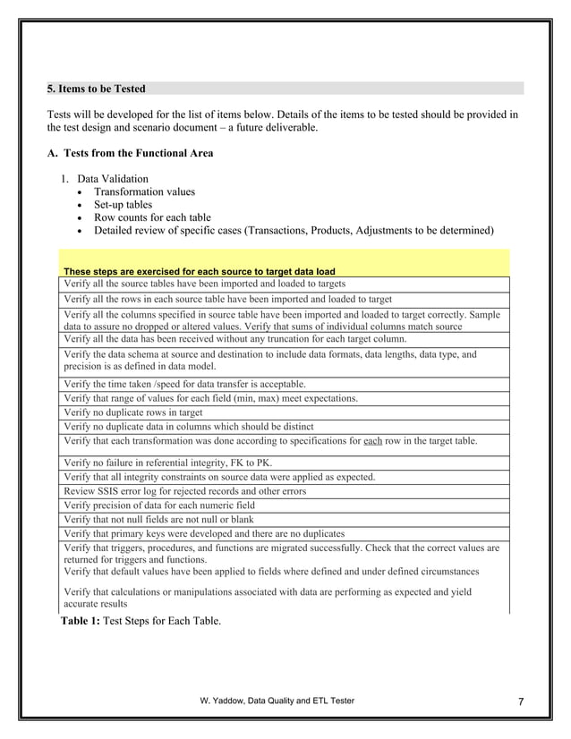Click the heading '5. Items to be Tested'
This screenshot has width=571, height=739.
tap(96, 89)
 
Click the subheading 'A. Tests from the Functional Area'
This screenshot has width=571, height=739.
tap(131, 153)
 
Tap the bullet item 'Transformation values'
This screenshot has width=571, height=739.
tap(144, 191)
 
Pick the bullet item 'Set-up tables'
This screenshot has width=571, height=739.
tap(124, 204)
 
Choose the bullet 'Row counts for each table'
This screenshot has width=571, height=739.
tap(152, 217)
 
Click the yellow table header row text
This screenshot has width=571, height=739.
tap(199, 271)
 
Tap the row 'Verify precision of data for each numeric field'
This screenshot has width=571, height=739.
tap(160, 505)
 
